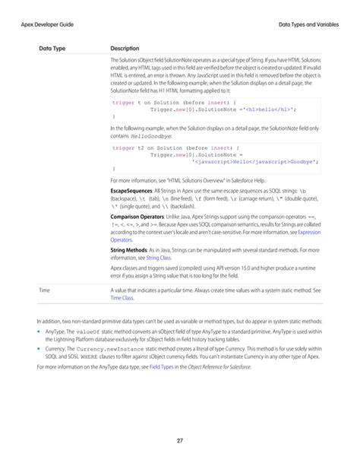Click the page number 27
click(x=180, y=439)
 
